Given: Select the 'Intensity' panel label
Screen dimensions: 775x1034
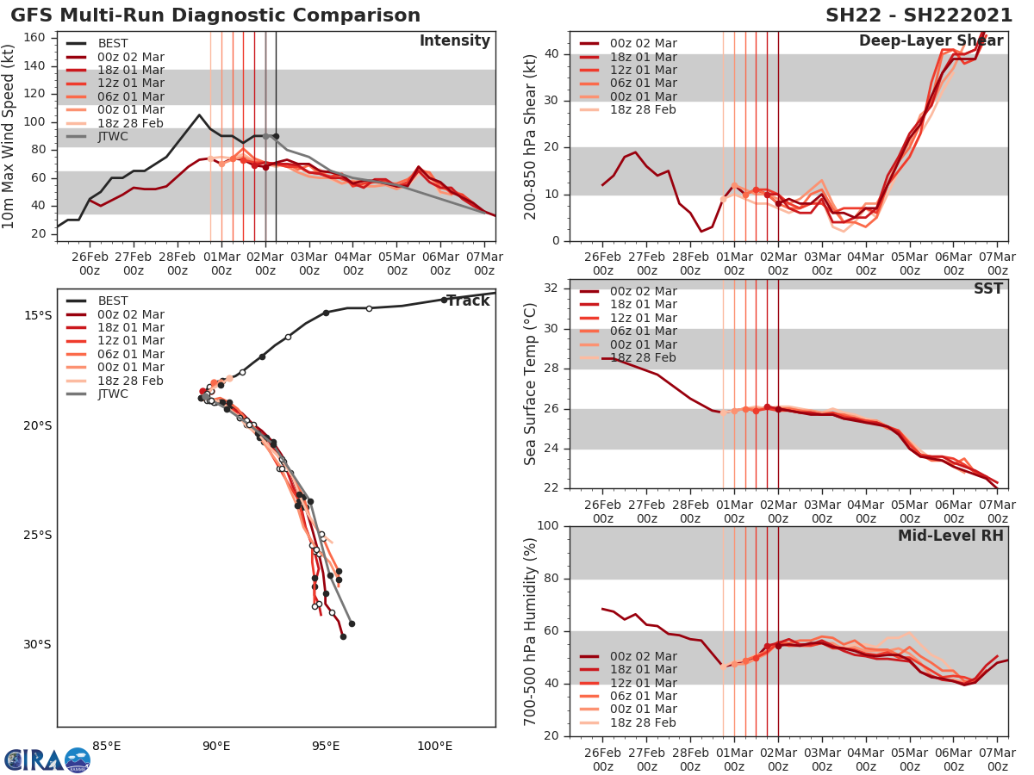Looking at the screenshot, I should point(454,41).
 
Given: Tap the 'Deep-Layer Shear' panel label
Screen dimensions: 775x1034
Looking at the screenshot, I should point(931,41).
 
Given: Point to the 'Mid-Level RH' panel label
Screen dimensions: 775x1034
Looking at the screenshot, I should point(950,536).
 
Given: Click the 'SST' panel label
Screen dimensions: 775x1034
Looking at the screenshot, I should point(988,288).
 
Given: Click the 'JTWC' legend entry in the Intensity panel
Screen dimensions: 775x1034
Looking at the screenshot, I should point(112,136).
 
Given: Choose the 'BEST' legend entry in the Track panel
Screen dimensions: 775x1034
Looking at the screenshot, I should point(112,301).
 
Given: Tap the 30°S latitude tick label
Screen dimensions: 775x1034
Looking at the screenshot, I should point(37,644).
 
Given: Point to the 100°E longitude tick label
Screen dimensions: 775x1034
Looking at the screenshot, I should point(434,746).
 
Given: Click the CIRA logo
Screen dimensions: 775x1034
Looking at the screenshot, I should point(47,759).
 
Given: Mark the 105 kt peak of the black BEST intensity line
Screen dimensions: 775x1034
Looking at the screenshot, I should point(199,115).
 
